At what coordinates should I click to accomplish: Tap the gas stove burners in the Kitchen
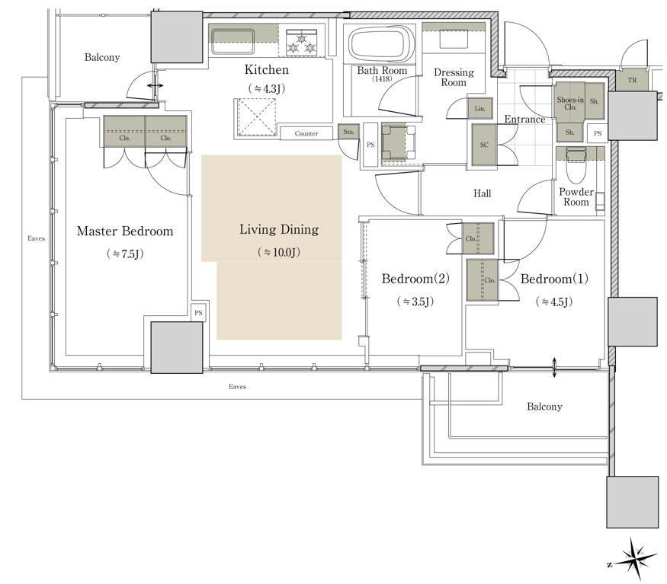click(x=302, y=43)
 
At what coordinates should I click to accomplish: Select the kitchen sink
click(x=232, y=41)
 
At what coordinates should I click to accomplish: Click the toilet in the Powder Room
click(x=576, y=165)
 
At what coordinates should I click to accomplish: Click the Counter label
click(x=306, y=133)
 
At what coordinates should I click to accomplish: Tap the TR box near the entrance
click(x=632, y=81)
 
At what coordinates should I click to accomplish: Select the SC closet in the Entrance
click(x=484, y=145)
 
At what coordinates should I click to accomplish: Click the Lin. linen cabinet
click(x=479, y=109)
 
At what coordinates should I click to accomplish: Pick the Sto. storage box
click(x=348, y=132)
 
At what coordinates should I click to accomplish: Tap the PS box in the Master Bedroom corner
click(x=198, y=313)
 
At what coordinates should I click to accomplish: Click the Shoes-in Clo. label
click(x=570, y=104)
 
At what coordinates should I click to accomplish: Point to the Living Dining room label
click(x=279, y=229)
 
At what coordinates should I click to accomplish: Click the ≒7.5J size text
click(x=125, y=254)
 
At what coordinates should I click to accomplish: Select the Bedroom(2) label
click(x=415, y=279)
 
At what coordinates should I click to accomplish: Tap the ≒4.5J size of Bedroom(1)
click(x=554, y=302)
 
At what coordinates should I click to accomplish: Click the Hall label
click(x=482, y=193)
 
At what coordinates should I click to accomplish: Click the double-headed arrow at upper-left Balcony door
click(x=155, y=86)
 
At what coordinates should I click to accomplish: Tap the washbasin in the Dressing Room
click(x=454, y=40)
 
